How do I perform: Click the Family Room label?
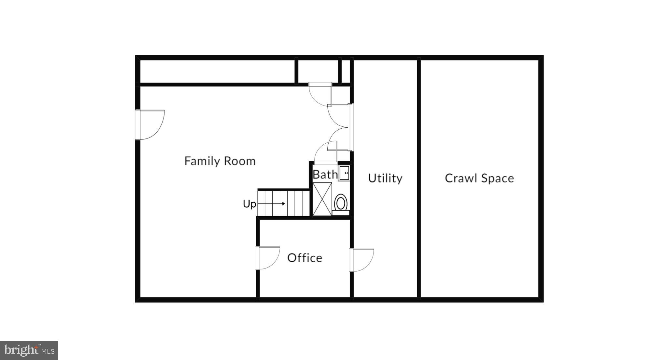[220, 161]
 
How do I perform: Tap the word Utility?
[385, 178]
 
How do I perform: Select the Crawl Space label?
[479, 178]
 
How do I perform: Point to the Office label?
[305, 258]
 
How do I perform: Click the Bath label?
[325, 175]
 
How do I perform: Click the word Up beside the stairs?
[249, 204]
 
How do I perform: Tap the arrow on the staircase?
[272, 204]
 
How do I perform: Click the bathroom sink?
[344, 173]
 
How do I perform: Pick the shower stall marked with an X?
[322, 199]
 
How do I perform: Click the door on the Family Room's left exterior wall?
[150, 125]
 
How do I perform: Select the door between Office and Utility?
[361, 260]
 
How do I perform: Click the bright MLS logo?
[29, 350]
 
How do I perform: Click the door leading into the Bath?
[325, 153]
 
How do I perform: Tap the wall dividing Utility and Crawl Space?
[419, 178]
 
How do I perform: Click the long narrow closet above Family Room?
[217, 71]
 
